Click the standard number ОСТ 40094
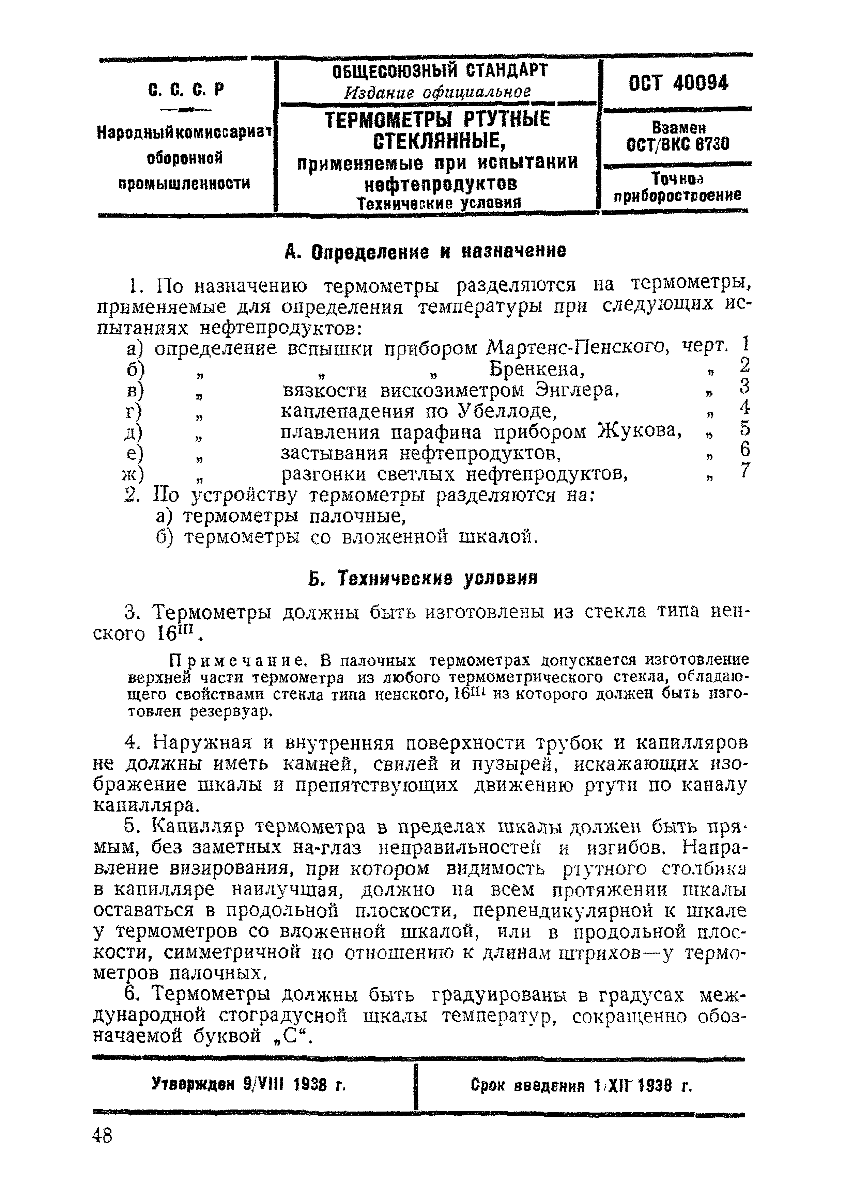(678, 83)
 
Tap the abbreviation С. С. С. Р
(186, 90)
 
